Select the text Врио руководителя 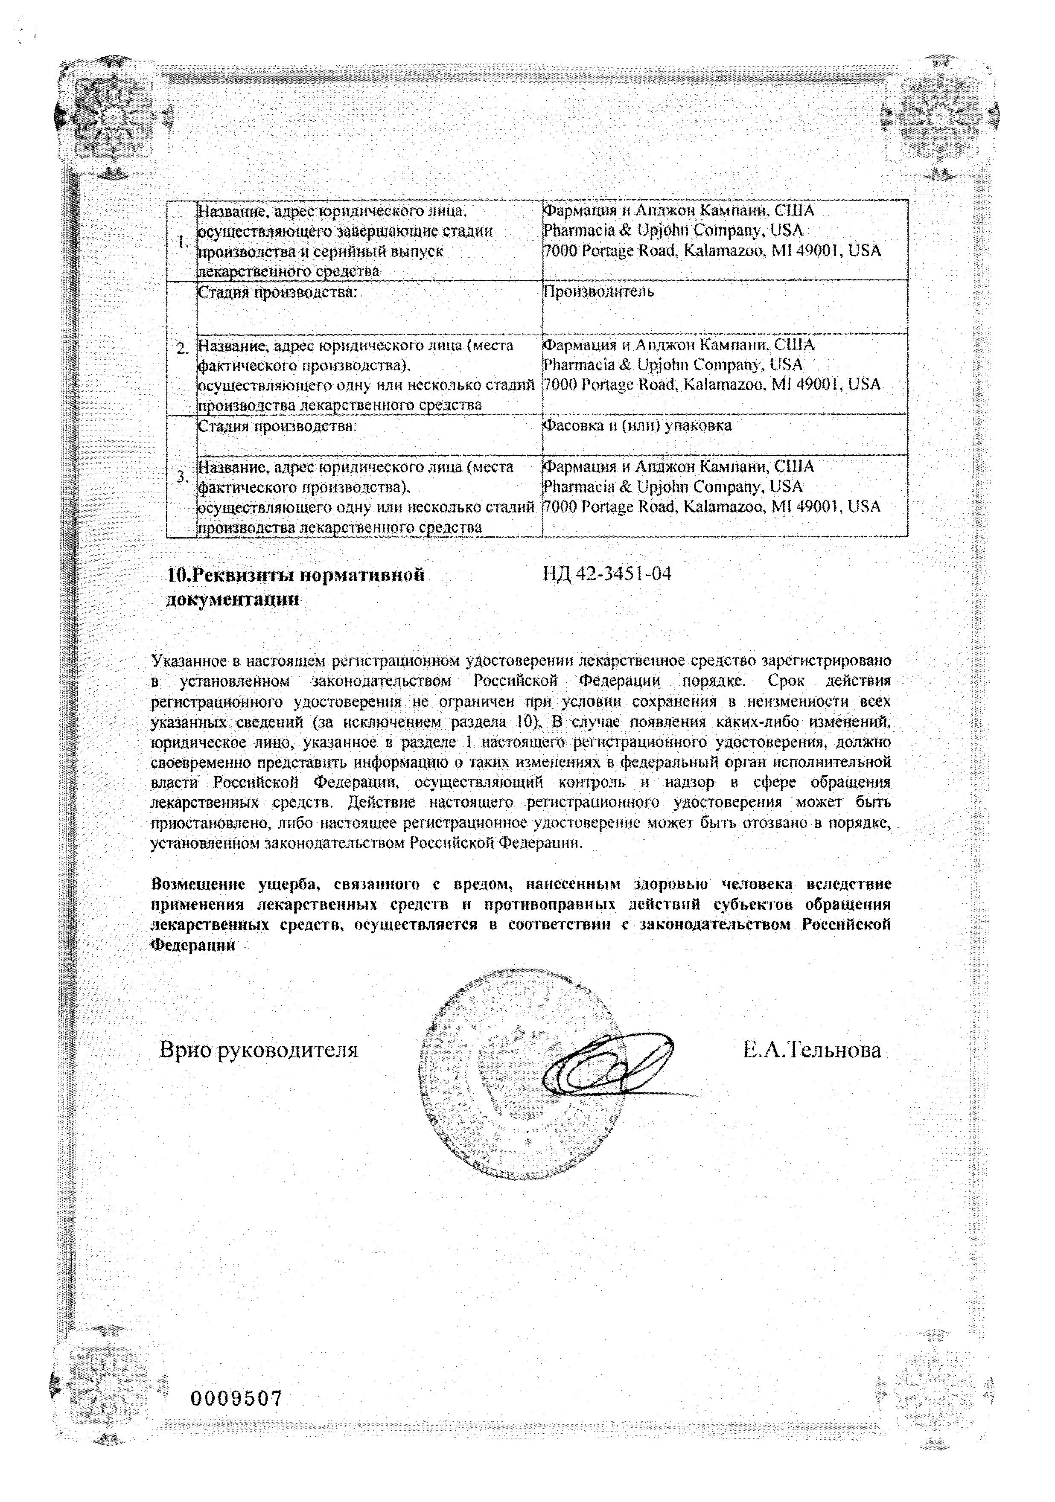click(259, 1050)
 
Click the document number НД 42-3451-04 click(607, 574)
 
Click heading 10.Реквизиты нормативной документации click(295, 586)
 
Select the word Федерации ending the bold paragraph click(193, 945)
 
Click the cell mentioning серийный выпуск click(368, 241)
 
